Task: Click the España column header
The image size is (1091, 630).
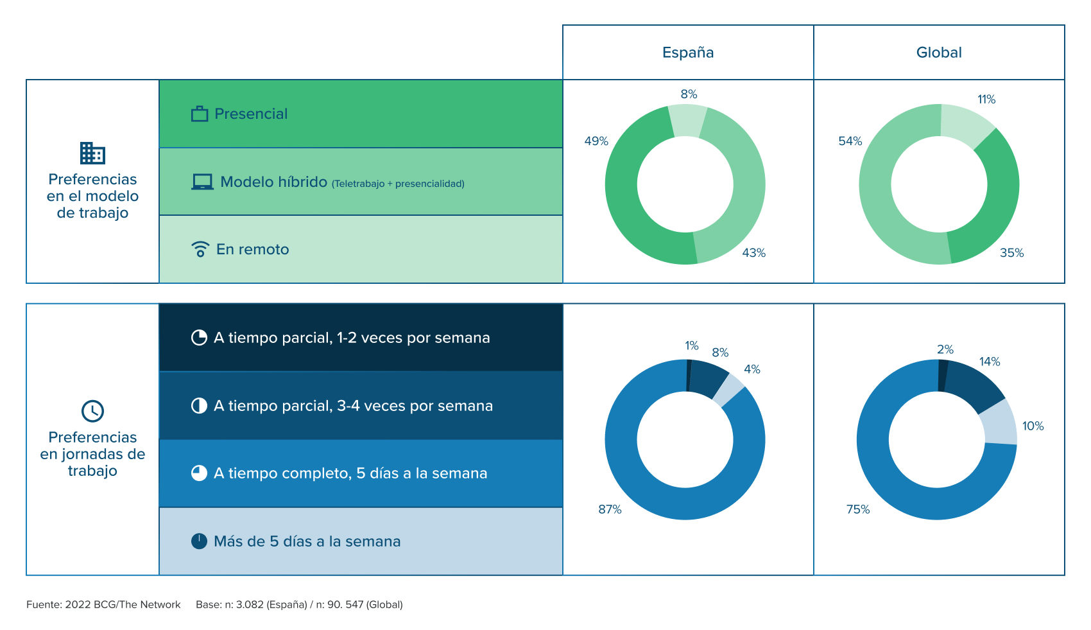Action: [688, 53]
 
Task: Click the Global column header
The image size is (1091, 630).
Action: [939, 53]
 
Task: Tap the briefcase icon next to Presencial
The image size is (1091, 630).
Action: [200, 114]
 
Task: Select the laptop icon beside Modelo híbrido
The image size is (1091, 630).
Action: [202, 182]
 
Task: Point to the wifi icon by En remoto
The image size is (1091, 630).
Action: [200, 249]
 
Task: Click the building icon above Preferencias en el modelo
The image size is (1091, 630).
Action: [92, 153]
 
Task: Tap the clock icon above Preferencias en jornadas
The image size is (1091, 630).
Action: [92, 411]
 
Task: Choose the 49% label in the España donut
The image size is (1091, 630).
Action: [596, 141]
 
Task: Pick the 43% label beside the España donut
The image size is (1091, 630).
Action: [754, 253]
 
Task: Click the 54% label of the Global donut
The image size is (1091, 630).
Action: [850, 141]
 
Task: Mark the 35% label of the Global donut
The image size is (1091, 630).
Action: [1011, 253]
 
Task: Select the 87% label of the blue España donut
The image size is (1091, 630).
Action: [610, 509]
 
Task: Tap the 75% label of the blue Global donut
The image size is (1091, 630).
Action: [858, 509]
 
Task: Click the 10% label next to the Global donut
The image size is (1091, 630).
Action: [1033, 426]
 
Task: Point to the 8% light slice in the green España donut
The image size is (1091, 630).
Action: [687, 121]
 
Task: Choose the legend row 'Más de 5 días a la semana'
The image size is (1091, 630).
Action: [307, 541]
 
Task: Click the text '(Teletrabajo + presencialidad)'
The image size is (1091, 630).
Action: [398, 184]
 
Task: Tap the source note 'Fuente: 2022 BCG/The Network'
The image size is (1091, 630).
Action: [103, 604]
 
